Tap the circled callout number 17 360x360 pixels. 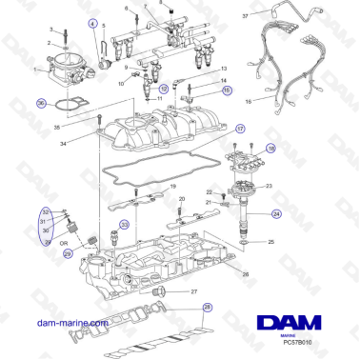[x=240, y=129]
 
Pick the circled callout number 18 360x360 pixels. [x=271, y=150]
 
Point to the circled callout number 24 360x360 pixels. [x=276, y=215]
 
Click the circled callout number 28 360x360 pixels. [x=208, y=308]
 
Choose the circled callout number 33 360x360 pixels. [x=124, y=225]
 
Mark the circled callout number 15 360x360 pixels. [x=226, y=90]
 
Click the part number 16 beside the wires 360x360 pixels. [x=248, y=98]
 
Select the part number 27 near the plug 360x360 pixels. [x=193, y=291]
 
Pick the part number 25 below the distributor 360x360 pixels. [x=272, y=244]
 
